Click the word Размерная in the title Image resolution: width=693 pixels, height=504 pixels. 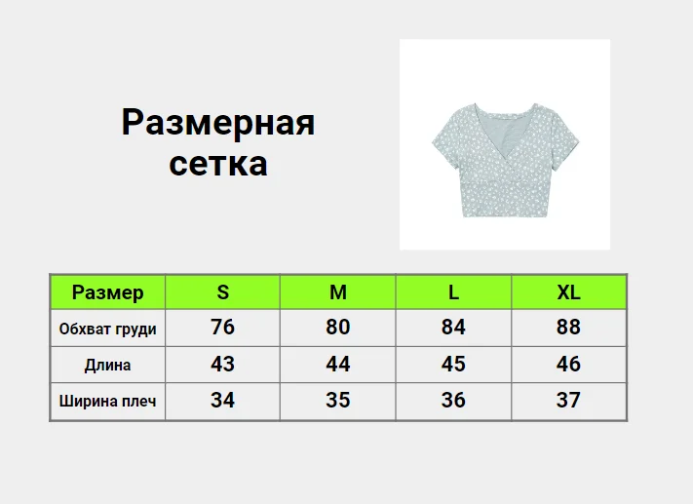coord(218,124)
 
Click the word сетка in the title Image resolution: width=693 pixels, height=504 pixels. coord(218,164)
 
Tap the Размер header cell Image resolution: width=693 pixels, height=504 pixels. coord(108,292)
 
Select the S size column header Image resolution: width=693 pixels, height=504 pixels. coord(223,292)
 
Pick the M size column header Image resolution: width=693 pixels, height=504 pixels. coord(338,292)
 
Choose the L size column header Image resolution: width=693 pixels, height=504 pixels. coord(453,292)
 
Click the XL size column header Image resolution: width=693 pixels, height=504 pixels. coord(568,292)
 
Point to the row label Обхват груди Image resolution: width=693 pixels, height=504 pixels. coord(108,330)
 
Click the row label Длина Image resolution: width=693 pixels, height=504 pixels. coord(108,366)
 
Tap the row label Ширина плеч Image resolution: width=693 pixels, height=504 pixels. coord(108,401)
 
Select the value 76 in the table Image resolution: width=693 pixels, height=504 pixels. coord(223,328)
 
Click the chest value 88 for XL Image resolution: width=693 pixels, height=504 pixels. coord(568,328)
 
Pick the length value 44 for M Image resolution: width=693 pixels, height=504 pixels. coord(338,364)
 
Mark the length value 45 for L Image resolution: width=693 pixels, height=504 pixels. coord(453,364)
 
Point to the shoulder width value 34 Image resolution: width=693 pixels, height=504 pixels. coord(223,400)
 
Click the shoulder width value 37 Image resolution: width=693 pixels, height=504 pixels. coord(568,400)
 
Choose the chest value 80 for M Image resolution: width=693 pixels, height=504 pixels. coord(338,328)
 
